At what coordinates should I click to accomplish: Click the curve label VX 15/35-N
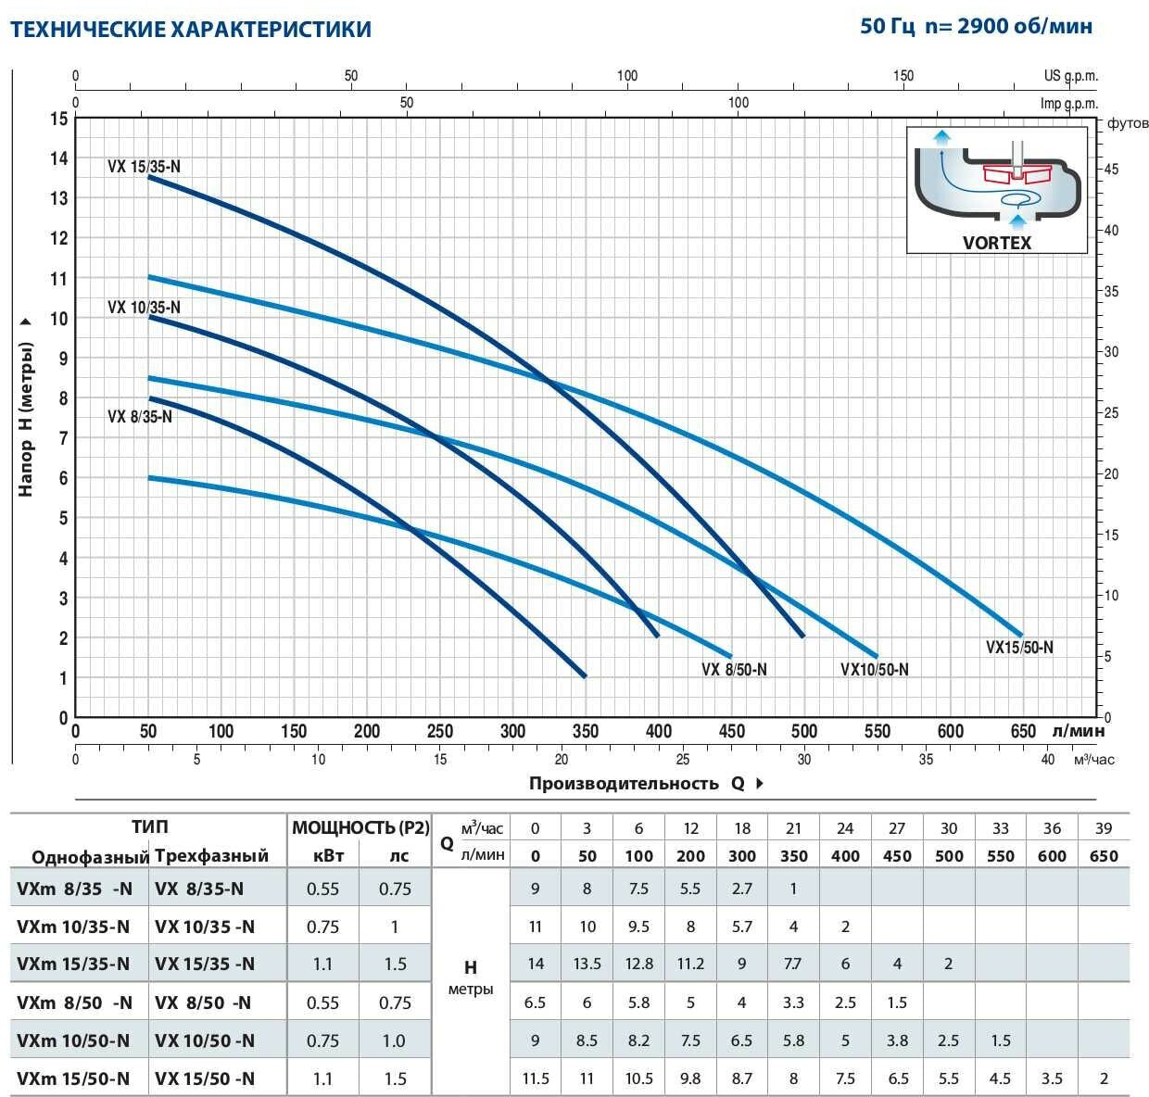tap(144, 167)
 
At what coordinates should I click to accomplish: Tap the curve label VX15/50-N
tap(1019, 648)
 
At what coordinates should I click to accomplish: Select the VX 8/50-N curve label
tap(733, 670)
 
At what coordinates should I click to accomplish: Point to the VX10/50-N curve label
tap(874, 670)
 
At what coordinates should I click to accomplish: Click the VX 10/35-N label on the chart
tap(144, 308)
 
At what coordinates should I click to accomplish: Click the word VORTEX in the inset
tap(996, 243)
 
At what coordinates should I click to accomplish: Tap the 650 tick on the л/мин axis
tap(1023, 731)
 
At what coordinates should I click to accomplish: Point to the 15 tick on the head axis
tap(59, 119)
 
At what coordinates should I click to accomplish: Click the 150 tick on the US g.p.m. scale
tap(903, 76)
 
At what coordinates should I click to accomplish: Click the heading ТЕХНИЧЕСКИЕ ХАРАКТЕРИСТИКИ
tap(190, 30)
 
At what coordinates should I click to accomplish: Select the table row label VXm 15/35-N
tap(73, 965)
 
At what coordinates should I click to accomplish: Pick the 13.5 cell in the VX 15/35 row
tap(587, 965)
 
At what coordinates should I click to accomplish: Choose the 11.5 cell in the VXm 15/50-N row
tap(536, 1078)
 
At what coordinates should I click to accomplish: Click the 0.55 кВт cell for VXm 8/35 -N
tap(322, 889)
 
